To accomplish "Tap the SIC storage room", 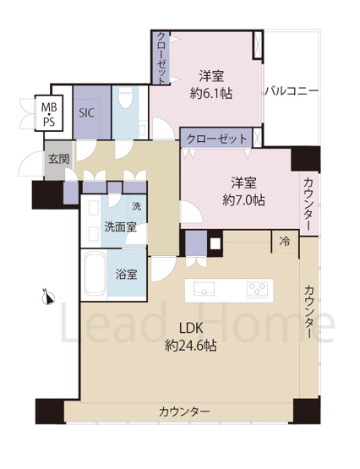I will click(x=87, y=111).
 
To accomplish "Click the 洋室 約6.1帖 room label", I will click(x=210, y=83).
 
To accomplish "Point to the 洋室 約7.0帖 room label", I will click(x=243, y=191).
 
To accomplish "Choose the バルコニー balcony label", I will click(x=291, y=89).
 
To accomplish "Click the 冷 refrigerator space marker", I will click(x=284, y=242).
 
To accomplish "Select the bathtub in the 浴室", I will click(x=95, y=274).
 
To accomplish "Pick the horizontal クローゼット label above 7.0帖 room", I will click(x=216, y=138).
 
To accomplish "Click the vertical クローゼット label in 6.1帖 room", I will click(x=161, y=57).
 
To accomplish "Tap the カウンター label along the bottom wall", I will click(x=183, y=412).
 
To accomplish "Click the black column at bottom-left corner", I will click(x=49, y=411).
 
